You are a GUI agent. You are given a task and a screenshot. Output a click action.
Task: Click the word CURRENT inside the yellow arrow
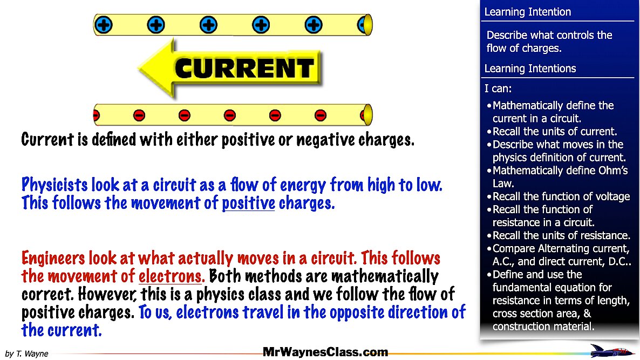click(x=244, y=68)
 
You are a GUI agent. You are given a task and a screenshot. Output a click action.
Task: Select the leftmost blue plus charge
click(x=103, y=25)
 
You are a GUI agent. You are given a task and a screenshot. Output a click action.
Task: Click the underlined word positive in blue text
click(x=248, y=204)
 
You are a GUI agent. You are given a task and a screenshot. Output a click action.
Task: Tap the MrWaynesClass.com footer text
click(x=325, y=352)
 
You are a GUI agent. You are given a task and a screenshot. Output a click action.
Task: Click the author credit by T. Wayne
click(x=26, y=354)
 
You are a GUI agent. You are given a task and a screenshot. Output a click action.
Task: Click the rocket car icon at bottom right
click(x=611, y=351)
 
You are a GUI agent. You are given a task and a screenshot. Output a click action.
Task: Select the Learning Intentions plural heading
click(x=530, y=69)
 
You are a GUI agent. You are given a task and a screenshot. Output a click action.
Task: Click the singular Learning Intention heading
click(x=527, y=12)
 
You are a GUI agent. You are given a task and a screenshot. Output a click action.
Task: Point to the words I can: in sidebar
click(x=498, y=88)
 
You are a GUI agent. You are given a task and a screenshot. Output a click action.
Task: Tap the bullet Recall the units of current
click(x=555, y=131)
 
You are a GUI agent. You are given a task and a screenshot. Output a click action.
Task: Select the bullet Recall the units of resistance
click(x=561, y=235)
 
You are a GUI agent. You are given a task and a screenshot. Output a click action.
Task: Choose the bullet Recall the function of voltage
click(x=561, y=196)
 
